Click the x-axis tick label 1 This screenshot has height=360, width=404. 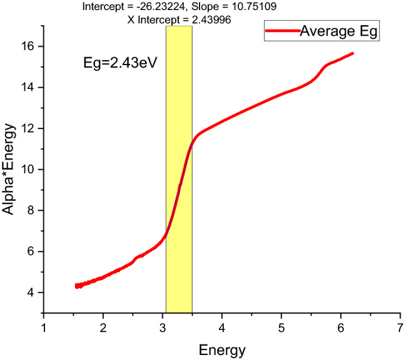pos(44,328)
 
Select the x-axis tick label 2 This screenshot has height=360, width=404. pos(103,328)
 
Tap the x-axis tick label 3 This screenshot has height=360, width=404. pos(163,328)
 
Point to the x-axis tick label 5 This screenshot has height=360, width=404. pos(281,328)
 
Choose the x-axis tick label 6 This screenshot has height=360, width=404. pos(341,328)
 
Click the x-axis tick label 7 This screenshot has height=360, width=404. pos(400,328)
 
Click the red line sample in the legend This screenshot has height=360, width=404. pos(281,30)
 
